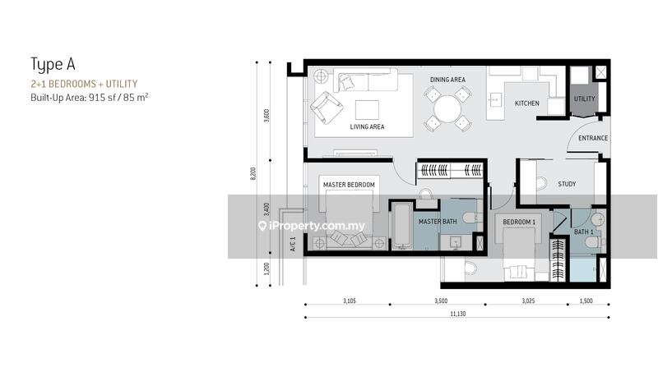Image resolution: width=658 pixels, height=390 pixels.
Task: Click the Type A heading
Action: coord(53,65)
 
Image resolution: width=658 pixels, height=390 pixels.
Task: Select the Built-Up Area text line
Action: coord(90,98)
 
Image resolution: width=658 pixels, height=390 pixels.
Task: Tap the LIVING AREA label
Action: coord(367,126)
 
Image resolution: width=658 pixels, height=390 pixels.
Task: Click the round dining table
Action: coord(447,109)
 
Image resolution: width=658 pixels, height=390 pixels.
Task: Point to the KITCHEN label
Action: coord(527,103)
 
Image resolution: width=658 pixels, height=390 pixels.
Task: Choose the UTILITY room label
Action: coord(585,99)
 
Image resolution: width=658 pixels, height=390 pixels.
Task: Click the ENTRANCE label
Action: coord(593,138)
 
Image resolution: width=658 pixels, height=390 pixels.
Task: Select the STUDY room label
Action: coord(567,184)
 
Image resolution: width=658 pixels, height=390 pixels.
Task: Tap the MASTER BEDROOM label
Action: coord(349,185)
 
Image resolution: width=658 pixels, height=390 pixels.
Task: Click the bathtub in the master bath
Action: coord(402,227)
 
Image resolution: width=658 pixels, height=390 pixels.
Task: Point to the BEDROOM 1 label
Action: coord(519,222)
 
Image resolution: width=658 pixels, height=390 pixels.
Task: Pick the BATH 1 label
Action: coord(584,232)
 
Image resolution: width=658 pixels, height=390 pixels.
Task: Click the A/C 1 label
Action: coord(293,244)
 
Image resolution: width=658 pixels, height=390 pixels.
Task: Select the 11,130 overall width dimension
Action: coord(458,314)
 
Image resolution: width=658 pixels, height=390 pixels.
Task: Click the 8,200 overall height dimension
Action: coord(253,173)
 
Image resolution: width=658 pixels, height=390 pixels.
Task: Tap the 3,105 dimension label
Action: coord(349,301)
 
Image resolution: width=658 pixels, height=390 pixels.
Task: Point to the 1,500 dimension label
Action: coord(586,301)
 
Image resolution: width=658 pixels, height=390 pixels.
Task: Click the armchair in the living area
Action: coord(327,108)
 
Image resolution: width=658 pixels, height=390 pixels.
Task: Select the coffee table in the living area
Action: coord(367,110)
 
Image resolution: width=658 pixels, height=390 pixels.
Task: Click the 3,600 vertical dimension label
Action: coord(266,115)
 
